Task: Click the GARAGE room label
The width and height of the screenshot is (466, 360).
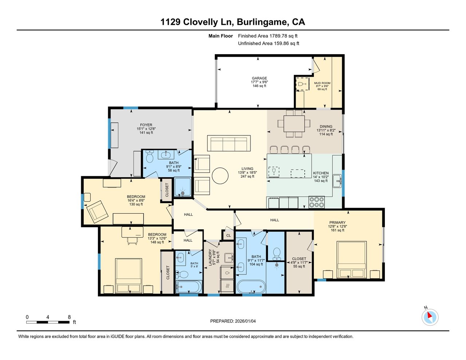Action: coord(259,78)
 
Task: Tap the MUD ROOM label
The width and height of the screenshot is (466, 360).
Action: coord(322,83)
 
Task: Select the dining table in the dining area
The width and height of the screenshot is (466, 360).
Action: coord(293,123)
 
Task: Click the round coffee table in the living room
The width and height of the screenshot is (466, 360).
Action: coord(221,176)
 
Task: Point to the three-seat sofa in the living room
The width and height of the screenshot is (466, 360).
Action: coord(229,143)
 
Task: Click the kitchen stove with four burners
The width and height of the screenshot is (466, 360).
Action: coord(316,202)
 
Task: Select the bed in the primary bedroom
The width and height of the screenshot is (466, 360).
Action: coord(352,260)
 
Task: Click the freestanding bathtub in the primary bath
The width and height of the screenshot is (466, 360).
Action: coord(251,287)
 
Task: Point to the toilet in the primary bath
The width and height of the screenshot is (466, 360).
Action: coord(277,252)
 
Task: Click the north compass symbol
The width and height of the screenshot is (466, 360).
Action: coord(430,317)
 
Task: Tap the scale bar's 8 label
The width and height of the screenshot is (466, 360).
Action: coord(69,317)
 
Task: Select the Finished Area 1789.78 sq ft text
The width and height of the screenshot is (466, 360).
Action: coord(268,36)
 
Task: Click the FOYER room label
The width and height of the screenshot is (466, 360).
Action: coord(146,125)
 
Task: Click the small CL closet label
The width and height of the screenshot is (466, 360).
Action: coord(229,236)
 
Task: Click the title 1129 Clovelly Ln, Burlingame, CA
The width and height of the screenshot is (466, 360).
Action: coord(233,22)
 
